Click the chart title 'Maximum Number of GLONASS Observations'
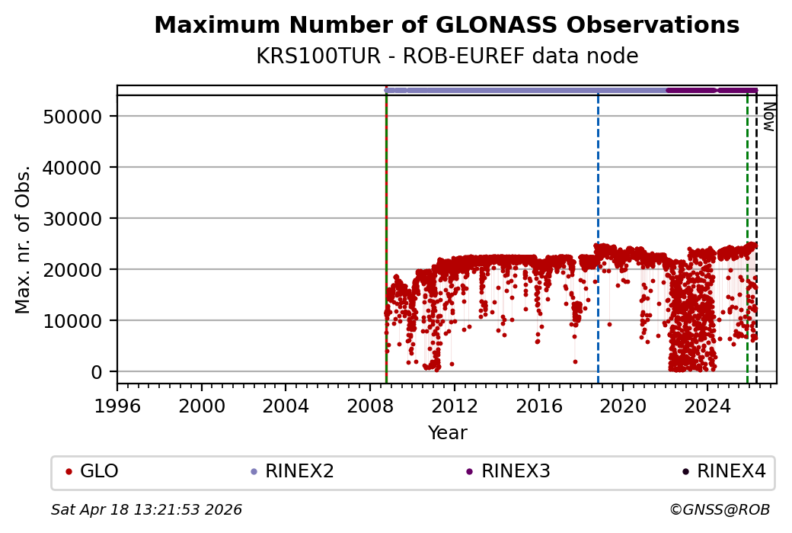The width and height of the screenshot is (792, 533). tap(446, 26)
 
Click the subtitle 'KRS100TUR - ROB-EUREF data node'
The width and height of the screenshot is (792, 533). tap(446, 56)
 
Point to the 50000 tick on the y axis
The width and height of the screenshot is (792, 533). tap(73, 117)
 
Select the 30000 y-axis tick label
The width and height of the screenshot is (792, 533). tap(73, 219)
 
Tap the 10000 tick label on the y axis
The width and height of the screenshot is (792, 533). tap(73, 321)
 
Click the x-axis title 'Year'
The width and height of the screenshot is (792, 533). tap(447, 433)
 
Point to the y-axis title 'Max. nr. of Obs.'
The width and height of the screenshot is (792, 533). tap(24, 239)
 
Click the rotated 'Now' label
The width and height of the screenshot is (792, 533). tap(769, 117)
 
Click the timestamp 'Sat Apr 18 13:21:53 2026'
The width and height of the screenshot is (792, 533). tap(146, 509)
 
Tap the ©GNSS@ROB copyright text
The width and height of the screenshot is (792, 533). tap(720, 509)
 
